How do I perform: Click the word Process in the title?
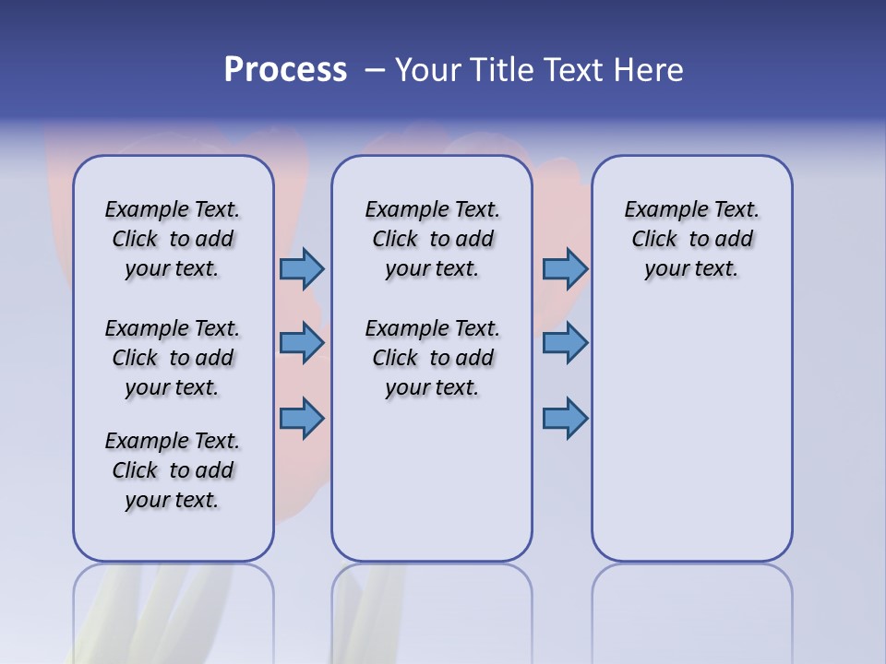285,70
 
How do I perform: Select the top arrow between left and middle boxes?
302,268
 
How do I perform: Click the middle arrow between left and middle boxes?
302,343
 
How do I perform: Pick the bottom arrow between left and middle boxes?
302,418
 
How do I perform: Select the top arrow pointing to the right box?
565,268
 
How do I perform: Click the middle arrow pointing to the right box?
565,343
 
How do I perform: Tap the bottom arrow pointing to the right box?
565,418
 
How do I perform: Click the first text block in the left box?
173,239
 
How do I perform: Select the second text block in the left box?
173,358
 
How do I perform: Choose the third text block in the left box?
173,470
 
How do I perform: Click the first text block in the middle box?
432,239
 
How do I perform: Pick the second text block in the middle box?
432,358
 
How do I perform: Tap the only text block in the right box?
692,239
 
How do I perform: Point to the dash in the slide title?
375,70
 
